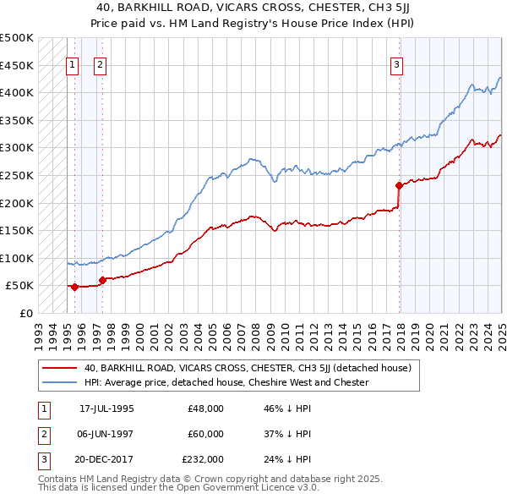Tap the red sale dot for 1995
pyautogui.click(x=74, y=287)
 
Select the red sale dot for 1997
pyautogui.click(x=102, y=280)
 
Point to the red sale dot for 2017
pyautogui.click(x=399, y=185)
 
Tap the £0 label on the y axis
pyautogui.click(x=26, y=313)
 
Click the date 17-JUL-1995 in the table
pyautogui.click(x=106, y=408)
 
